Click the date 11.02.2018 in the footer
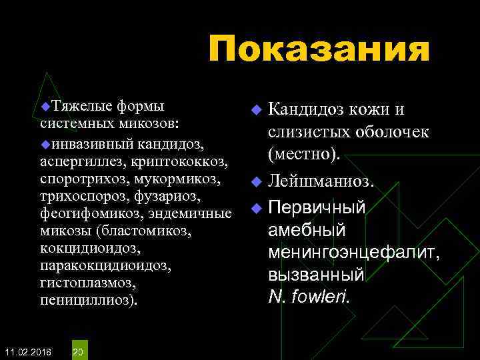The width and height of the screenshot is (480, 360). [27, 351]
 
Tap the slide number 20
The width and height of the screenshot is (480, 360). [78, 351]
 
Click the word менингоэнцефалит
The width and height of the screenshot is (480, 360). [353, 253]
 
